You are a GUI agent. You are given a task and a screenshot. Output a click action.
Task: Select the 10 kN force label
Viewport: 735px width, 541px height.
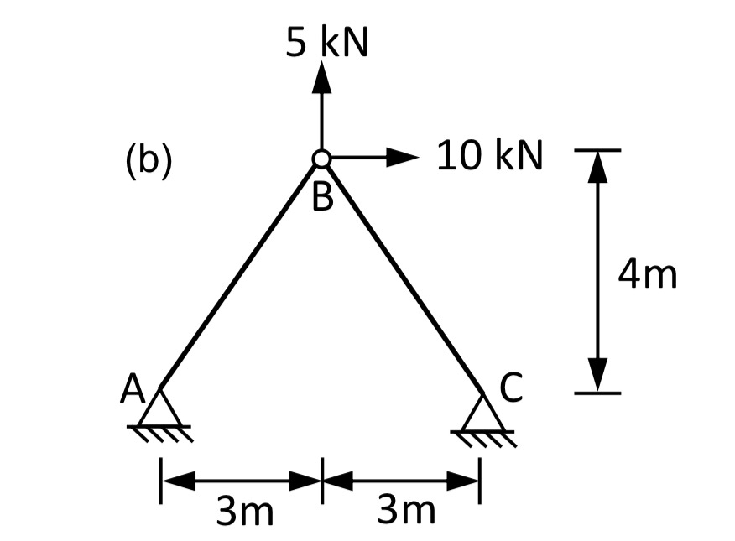490,155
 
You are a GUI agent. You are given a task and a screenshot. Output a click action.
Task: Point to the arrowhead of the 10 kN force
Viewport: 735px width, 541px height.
404,156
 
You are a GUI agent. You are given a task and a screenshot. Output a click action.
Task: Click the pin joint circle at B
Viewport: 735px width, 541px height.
321,158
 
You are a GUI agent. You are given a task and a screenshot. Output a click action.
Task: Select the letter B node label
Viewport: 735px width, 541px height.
321,199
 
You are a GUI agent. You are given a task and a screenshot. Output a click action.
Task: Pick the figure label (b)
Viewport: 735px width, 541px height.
149,159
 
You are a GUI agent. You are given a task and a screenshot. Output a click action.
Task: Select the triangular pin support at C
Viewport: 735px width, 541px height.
482,413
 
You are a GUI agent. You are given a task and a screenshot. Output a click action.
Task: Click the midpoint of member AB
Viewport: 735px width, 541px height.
239,273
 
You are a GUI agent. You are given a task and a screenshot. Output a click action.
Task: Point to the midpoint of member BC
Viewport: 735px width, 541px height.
401,273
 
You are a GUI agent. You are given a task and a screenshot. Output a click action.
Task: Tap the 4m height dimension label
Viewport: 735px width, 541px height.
646,274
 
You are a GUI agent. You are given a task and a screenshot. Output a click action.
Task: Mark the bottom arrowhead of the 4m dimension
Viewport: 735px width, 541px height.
597,376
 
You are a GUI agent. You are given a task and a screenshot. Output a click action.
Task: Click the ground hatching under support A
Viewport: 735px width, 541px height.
161,434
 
